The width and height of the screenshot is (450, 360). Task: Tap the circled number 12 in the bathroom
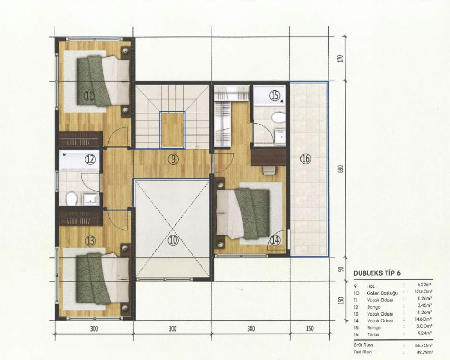coord(90,159)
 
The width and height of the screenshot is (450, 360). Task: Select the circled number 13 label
coord(90,240)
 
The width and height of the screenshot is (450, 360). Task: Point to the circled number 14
coord(275,240)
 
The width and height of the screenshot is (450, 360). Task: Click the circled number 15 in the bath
coord(275,95)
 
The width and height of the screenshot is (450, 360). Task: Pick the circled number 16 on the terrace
coord(305,159)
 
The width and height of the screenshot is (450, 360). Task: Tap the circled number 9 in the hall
coord(173,159)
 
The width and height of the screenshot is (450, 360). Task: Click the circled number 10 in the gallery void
coord(173,240)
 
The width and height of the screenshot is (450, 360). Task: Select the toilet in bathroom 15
coord(278,117)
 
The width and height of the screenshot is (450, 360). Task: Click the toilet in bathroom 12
coord(72,198)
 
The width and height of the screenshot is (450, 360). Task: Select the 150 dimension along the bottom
coord(310,329)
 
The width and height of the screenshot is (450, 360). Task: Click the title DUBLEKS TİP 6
coord(377,273)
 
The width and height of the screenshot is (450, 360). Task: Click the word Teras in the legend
coord(373,335)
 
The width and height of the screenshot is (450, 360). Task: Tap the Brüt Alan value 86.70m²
coord(423,345)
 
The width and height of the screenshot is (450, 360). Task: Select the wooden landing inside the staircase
coord(172,129)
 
